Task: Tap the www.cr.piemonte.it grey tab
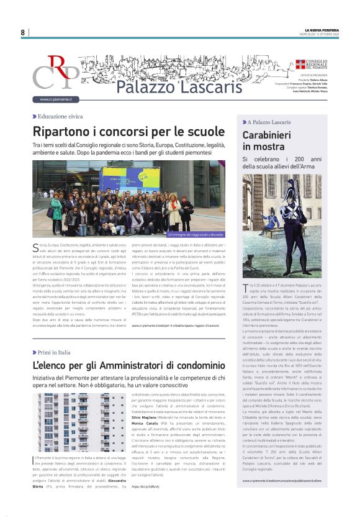click(56, 99)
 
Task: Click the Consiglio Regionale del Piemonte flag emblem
click(300, 64)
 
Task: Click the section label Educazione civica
click(60, 117)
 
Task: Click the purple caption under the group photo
click(196, 235)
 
